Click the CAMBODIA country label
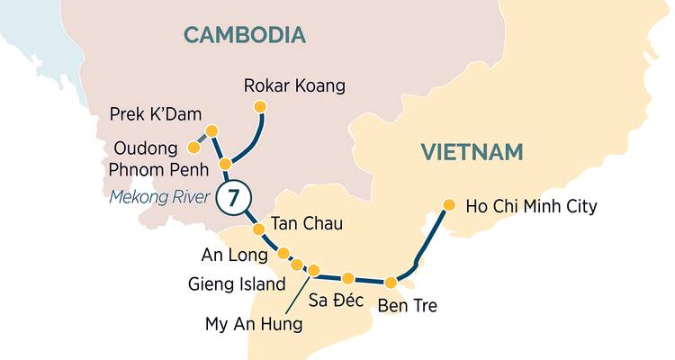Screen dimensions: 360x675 [x=245, y=35]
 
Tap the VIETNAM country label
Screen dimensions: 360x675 [x=472, y=152]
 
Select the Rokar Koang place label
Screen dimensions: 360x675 [x=294, y=86]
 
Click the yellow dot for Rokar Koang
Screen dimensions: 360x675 [x=261, y=107]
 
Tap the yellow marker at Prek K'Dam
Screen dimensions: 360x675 [x=211, y=131]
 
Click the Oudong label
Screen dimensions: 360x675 [x=148, y=147]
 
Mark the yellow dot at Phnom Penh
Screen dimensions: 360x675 [x=225, y=165]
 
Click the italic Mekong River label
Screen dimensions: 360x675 [x=160, y=197]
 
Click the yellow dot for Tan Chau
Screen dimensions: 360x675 [x=258, y=229]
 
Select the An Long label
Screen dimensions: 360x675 [x=234, y=255]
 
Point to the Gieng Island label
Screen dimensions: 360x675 [x=237, y=284]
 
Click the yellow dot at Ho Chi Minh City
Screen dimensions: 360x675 [x=447, y=204]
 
